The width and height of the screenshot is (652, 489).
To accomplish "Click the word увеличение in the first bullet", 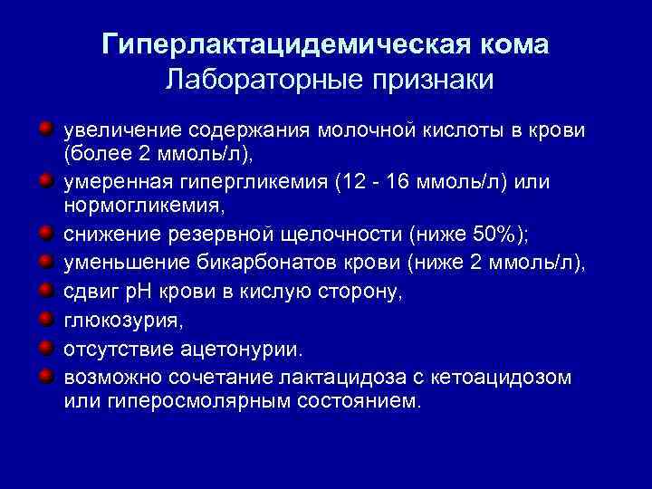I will [114, 129].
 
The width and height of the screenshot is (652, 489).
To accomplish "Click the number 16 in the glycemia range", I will [396, 183].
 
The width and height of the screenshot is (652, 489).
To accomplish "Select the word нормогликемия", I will [141, 206].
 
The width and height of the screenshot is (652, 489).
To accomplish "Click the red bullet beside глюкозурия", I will [44, 319].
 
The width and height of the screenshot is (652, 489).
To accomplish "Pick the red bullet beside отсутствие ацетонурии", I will [44, 346].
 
